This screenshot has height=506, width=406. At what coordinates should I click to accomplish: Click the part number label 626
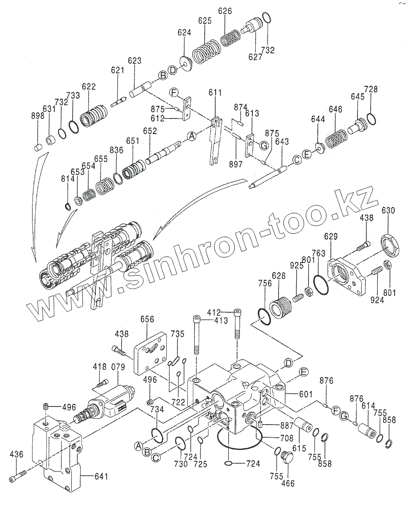[225, 11]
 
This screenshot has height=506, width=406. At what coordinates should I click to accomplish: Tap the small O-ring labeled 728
[371, 119]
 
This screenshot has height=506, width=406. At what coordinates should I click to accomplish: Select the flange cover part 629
[347, 274]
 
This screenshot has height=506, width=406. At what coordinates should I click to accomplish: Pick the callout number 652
[149, 131]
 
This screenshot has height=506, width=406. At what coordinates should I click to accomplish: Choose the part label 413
[221, 320]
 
